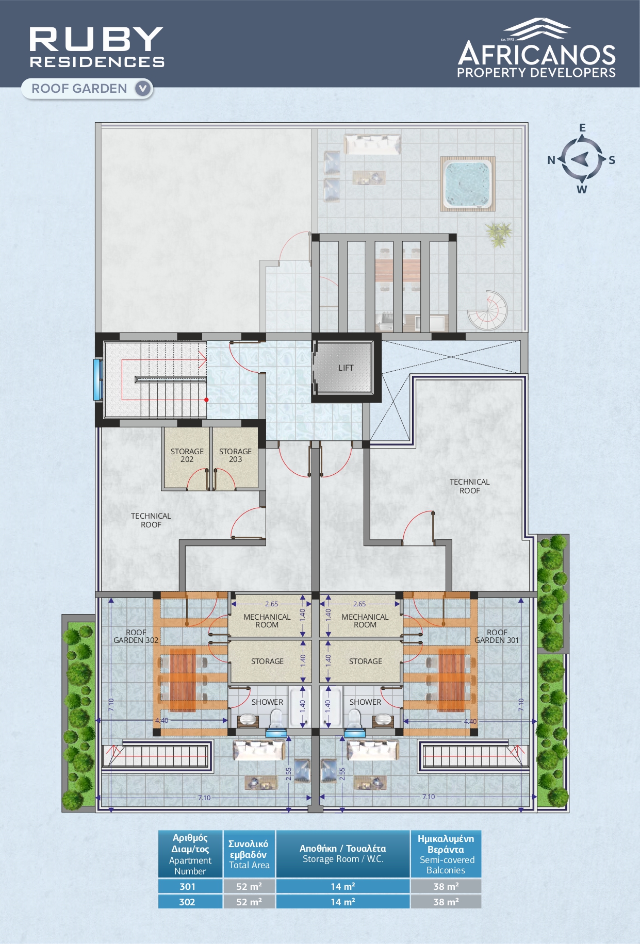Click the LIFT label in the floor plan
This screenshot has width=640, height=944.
(x=346, y=368)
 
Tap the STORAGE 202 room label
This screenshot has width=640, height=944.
(x=187, y=455)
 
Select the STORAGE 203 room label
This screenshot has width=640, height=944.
(x=235, y=455)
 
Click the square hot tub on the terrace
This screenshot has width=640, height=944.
(x=468, y=184)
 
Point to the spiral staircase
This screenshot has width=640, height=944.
(x=488, y=311)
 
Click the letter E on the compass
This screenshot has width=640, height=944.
(x=582, y=128)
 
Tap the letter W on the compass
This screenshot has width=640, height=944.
(x=582, y=189)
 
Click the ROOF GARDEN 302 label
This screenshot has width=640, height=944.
(x=136, y=636)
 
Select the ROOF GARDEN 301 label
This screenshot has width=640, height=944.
(x=497, y=636)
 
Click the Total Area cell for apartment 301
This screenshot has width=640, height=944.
(x=249, y=886)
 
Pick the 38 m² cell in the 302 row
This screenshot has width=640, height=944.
(x=446, y=902)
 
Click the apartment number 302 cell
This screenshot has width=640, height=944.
(x=190, y=902)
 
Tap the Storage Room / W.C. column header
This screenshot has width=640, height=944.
(x=343, y=854)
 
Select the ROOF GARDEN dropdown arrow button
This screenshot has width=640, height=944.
(x=143, y=88)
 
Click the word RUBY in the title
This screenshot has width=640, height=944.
(x=96, y=39)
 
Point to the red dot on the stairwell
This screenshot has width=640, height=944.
(x=206, y=400)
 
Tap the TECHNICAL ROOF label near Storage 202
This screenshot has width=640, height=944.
(x=151, y=520)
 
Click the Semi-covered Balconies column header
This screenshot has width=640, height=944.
(x=446, y=854)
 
